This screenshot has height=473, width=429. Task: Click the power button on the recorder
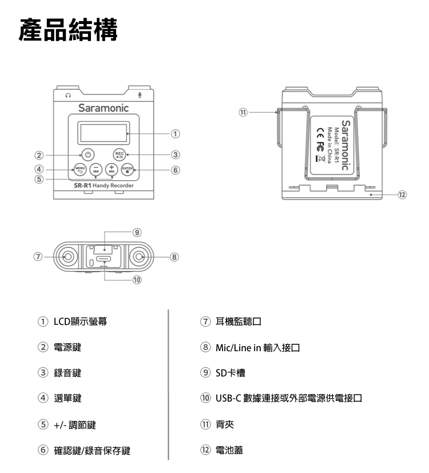pyautogui.click(x=88, y=155)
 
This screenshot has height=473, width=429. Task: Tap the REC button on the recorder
pyautogui.click(x=120, y=155)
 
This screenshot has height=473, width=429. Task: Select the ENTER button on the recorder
pyautogui.click(x=128, y=170)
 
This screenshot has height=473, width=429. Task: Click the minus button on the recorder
pyautogui.click(x=96, y=170)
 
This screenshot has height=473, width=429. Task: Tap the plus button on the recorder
pyautogui.click(x=112, y=170)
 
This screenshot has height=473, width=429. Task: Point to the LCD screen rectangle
pyautogui.click(x=104, y=133)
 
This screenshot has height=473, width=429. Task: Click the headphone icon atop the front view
pyautogui.click(x=68, y=96)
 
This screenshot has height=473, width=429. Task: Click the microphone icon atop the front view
pyautogui.click(x=140, y=96)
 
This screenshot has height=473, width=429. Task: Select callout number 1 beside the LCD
pyautogui.click(x=175, y=133)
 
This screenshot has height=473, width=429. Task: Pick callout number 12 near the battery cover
pyautogui.click(x=402, y=194)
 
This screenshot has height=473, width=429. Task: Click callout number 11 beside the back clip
pyautogui.click(x=243, y=113)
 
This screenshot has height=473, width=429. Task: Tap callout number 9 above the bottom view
pyautogui.click(x=137, y=232)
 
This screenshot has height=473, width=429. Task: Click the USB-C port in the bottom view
pyautogui.click(x=104, y=259)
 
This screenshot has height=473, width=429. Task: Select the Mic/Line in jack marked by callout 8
pyautogui.click(x=139, y=257)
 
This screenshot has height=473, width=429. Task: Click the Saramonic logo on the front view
pyautogui.click(x=104, y=108)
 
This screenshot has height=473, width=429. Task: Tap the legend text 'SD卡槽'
pyautogui.click(x=230, y=373)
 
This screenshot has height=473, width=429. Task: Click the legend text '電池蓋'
pyautogui.click(x=229, y=450)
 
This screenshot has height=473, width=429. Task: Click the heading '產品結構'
pyautogui.click(x=68, y=30)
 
